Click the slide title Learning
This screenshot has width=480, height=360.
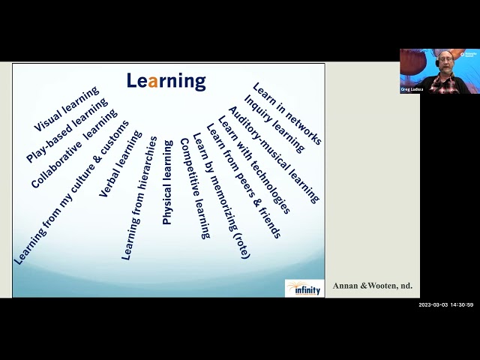click(166, 81)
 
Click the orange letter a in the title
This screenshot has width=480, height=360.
click(153, 81)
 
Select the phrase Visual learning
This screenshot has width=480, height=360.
click(67, 109)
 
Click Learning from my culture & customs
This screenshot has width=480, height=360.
click(71, 193)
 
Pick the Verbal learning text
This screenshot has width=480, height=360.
click(120, 164)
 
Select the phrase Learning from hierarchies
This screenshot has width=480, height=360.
click(139, 199)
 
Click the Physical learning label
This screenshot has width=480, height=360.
click(167, 182)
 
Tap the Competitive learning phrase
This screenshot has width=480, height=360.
click(194, 188)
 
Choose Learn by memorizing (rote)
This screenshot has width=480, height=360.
click(220, 196)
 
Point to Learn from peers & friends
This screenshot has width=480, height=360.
click(243, 181)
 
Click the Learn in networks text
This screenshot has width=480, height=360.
click(286, 113)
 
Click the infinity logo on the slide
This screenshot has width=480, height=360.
click(304, 288)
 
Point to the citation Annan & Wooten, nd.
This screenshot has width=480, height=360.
click(373, 286)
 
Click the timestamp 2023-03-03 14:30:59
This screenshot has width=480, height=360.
click(445, 304)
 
